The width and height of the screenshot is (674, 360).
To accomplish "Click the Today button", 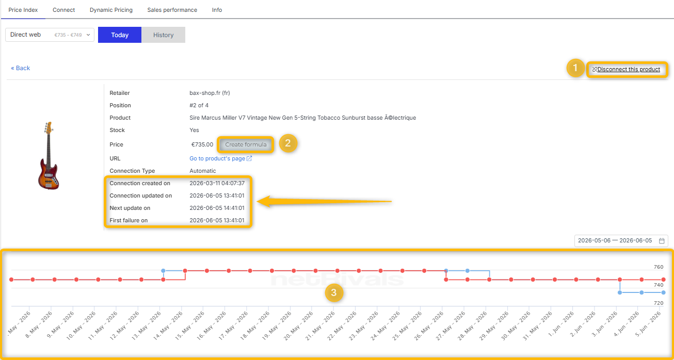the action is (119, 35).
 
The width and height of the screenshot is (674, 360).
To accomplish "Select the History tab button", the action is (164, 35).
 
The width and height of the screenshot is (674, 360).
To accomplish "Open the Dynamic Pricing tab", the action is (111, 10).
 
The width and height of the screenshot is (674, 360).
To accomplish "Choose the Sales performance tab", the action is (172, 10).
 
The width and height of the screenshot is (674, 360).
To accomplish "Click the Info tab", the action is (217, 10).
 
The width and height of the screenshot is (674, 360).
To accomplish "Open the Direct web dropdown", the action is (50, 35).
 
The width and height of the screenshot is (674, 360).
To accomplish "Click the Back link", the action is (21, 68).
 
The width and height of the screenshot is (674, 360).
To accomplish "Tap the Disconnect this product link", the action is (626, 69).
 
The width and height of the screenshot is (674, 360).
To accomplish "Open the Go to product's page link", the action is (220, 158).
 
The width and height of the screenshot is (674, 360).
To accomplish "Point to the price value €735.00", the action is (202, 144).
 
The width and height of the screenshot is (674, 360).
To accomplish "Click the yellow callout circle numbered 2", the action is (288, 143).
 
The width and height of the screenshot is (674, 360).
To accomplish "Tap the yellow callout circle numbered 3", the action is (334, 292).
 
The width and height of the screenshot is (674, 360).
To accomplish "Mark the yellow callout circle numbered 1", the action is (575, 68).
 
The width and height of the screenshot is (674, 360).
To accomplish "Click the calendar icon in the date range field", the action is (662, 240).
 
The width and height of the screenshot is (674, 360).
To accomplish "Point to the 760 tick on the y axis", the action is (659, 267).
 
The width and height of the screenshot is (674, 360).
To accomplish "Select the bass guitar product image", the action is (49, 155).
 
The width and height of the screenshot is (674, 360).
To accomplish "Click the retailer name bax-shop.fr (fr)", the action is (210, 93).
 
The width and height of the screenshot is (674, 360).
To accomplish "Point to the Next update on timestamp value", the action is (217, 208).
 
